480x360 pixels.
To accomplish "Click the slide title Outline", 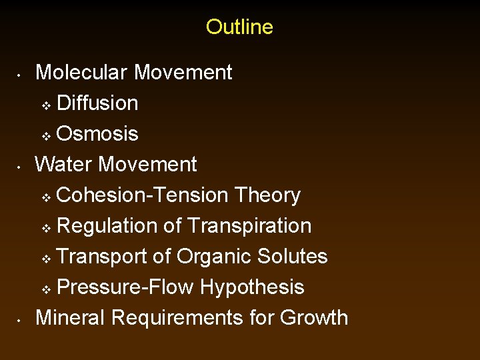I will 239,27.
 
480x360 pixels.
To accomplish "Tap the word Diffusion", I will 98,103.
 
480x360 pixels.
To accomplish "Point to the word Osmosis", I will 98,133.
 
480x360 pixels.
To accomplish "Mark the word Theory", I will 268,195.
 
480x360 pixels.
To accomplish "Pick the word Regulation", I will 107,225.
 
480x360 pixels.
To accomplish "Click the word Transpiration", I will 249,225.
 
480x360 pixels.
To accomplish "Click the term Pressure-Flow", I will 125,287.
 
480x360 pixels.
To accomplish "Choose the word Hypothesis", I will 252,287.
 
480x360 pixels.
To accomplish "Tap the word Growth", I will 314,317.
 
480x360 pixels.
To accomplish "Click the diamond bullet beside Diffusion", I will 46,105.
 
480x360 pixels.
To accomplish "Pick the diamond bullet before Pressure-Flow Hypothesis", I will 46,289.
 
